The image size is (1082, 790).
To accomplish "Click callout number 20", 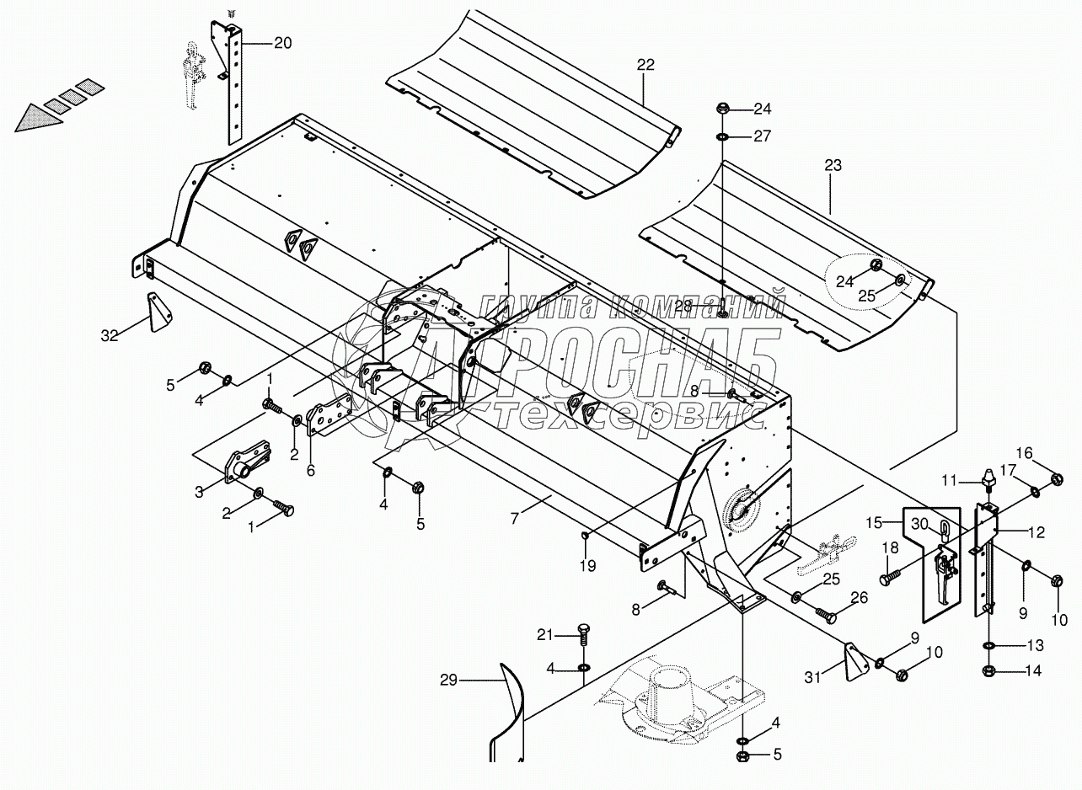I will click(x=282, y=43).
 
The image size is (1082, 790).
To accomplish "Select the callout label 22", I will click(x=645, y=64).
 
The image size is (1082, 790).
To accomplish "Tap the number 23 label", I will click(x=832, y=166).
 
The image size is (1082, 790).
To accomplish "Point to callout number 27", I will click(x=762, y=136).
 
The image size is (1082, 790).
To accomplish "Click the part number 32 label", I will click(x=110, y=335).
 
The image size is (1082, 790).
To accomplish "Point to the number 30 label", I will click(x=918, y=523).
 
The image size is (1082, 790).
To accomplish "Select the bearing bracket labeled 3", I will click(x=244, y=465).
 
